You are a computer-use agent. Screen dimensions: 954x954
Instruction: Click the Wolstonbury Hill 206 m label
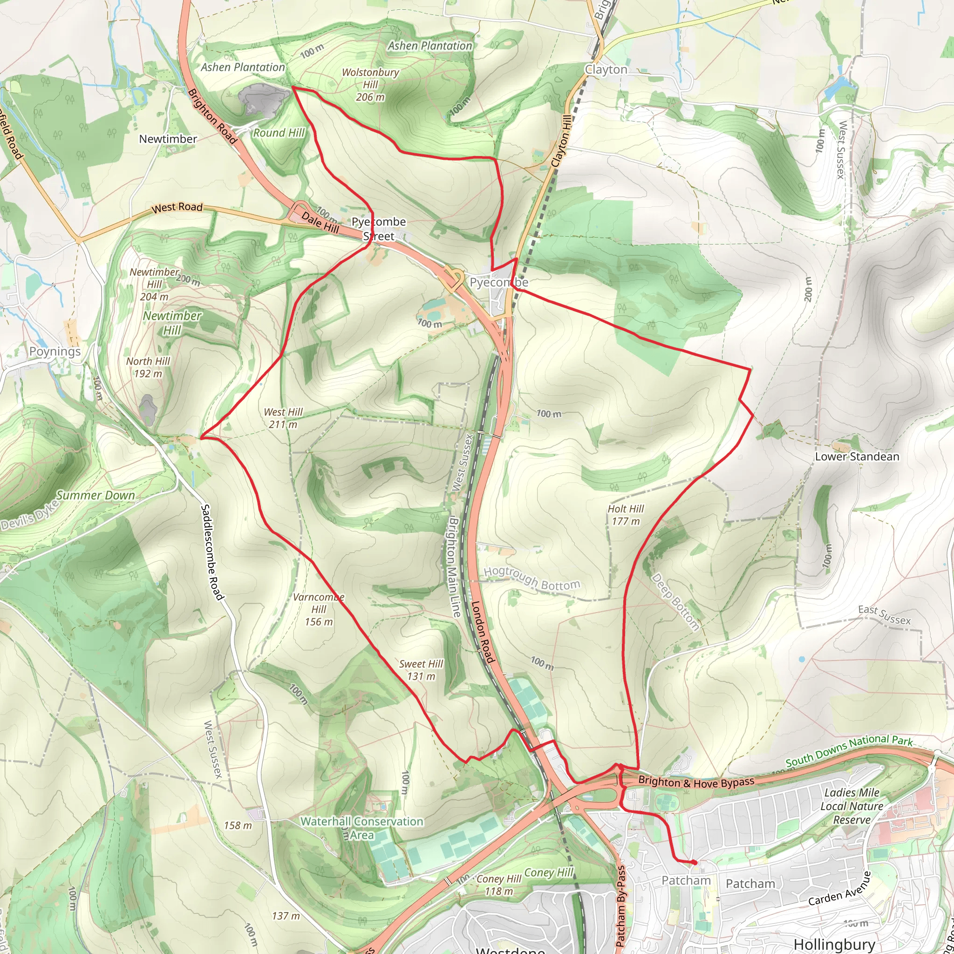[x=370, y=85]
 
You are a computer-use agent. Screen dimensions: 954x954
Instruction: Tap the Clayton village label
[x=606, y=69]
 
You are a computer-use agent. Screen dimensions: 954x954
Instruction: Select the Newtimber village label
[x=168, y=139]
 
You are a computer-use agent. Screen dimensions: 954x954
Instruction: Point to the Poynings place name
[x=55, y=352]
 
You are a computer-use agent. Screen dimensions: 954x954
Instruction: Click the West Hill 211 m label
[x=283, y=418]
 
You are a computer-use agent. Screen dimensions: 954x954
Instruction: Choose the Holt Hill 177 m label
[x=626, y=515]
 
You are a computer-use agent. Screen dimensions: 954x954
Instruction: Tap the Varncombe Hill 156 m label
[x=319, y=609]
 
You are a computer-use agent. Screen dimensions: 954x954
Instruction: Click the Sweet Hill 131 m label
[x=421, y=670]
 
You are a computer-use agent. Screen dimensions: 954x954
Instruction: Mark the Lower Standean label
[x=857, y=457]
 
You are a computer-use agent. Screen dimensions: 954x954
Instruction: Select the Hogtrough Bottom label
[x=532, y=578]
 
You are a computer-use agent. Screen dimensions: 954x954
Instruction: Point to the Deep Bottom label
[x=675, y=602]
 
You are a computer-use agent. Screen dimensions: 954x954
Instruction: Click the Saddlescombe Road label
[x=213, y=552]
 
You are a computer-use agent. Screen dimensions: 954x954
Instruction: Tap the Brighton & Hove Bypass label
[x=696, y=782]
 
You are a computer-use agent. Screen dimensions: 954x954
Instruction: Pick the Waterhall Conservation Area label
[x=362, y=828]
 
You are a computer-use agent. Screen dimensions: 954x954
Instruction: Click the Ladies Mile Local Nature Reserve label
[x=852, y=806]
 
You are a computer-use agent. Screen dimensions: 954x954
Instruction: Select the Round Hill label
[x=279, y=133]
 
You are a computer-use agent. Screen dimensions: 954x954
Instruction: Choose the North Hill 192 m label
[x=148, y=368]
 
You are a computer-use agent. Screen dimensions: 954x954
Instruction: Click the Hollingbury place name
[x=834, y=944]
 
